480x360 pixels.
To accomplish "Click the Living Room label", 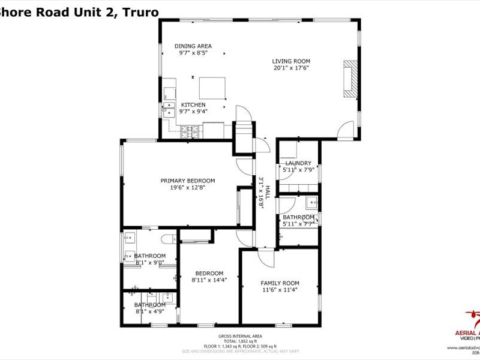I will tap(291, 61).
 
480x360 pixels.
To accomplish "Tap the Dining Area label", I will tap(193, 46).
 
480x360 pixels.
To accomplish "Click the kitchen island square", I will tap(212, 88).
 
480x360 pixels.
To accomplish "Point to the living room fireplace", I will tap(349, 77).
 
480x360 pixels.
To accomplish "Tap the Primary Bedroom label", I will tap(187, 181).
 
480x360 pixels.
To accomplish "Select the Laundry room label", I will tap(298, 163).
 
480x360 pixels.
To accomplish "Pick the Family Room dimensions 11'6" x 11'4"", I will tap(279, 290).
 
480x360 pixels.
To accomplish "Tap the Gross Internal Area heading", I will tap(240, 336).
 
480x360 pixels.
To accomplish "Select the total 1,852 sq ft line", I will tap(240, 341).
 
